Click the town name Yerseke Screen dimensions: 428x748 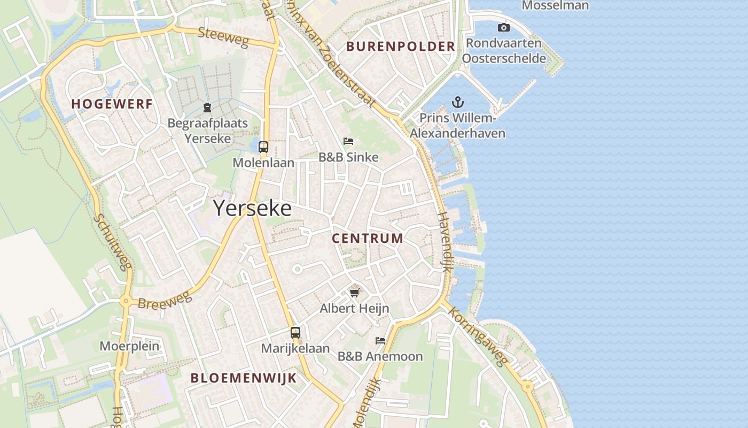[253, 208]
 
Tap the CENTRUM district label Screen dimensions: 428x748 [368, 238]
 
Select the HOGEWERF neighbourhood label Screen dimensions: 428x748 [112, 104]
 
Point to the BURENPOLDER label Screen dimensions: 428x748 [400, 47]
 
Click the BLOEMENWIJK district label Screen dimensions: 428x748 [243, 378]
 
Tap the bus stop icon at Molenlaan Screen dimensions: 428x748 [263, 147]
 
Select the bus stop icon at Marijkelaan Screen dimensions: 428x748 [295, 332]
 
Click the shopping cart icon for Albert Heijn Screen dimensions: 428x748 [354, 292]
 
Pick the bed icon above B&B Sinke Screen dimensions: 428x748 [348, 141]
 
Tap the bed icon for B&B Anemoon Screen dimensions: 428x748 [380, 340]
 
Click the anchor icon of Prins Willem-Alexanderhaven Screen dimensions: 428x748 [457, 102]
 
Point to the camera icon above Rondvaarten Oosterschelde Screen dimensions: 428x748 [503, 27]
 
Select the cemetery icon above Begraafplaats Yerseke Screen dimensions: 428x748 [207, 108]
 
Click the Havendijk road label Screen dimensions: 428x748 [445, 242]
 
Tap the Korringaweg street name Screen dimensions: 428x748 [478, 337]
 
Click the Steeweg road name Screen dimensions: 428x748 [223, 37]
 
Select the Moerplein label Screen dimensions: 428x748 [129, 346]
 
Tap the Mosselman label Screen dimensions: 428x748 [555, 6]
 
